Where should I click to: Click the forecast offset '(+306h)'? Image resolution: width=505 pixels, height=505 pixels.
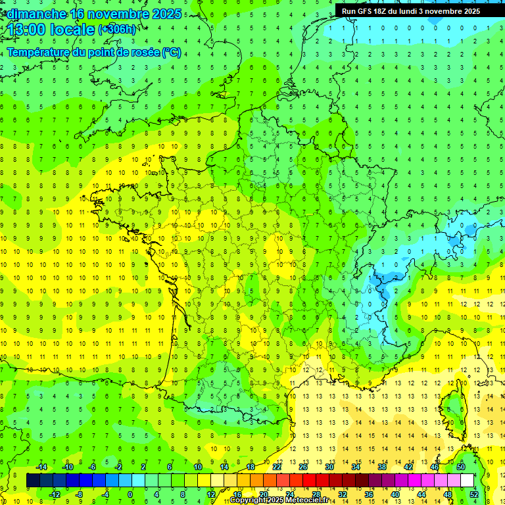point(118,30)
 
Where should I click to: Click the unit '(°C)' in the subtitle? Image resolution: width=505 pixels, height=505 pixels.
point(172,52)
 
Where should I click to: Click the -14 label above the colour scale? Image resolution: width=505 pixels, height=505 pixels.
point(41,467)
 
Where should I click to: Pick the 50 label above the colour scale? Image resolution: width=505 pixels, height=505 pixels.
point(460,467)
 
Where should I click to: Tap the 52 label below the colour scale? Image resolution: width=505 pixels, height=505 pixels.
point(473,494)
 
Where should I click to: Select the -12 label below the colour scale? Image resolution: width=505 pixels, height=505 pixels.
point(55,494)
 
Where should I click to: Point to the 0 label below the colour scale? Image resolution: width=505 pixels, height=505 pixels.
point(130,494)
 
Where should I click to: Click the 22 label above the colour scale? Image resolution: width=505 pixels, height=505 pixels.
point(277,467)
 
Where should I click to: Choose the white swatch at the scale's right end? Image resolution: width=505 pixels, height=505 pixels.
point(467,481)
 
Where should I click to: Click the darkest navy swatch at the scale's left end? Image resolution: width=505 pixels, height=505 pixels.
point(33,481)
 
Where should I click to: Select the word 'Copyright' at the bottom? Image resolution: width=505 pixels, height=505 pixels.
point(247,500)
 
